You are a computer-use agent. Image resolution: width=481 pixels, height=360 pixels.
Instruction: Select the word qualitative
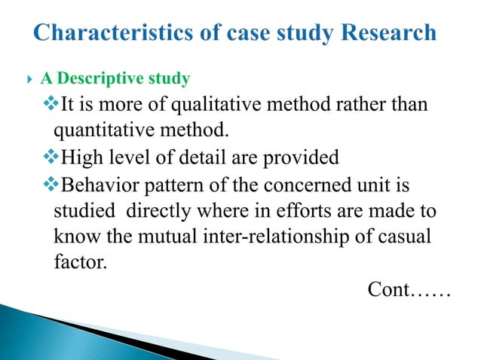pyautogui.click(x=210, y=105)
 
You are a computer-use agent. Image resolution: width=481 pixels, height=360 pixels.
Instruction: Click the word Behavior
pyautogui.click(x=92, y=184)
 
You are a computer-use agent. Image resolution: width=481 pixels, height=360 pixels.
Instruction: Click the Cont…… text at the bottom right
pyautogui.click(x=408, y=288)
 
